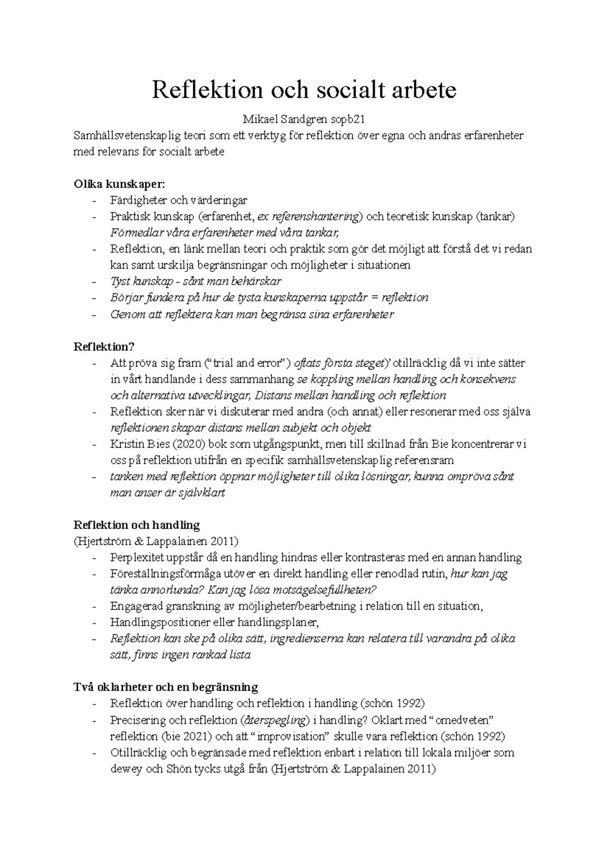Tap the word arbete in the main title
click(x=426, y=90)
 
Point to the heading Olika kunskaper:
click(x=119, y=184)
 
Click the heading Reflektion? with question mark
click(x=104, y=347)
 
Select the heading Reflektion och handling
click(x=137, y=525)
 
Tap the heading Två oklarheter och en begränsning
click(x=166, y=688)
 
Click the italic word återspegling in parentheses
click(x=276, y=720)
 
